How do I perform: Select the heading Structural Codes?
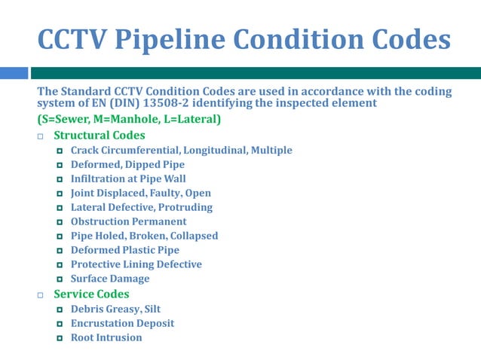100,136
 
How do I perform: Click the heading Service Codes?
91,294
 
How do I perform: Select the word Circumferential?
142,150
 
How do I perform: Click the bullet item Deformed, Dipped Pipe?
127,164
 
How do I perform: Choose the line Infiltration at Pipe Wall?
128,178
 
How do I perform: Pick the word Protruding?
185,207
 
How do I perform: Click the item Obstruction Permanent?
128,221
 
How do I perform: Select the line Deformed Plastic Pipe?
125,250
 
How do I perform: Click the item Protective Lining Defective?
136,264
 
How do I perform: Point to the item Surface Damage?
110,279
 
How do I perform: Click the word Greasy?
122,309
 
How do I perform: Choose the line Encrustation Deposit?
122,323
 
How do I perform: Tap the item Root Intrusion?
106,337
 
